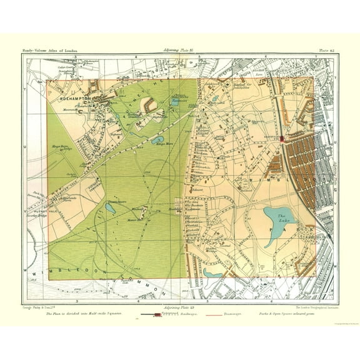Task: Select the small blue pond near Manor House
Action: [x=109, y=210]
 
